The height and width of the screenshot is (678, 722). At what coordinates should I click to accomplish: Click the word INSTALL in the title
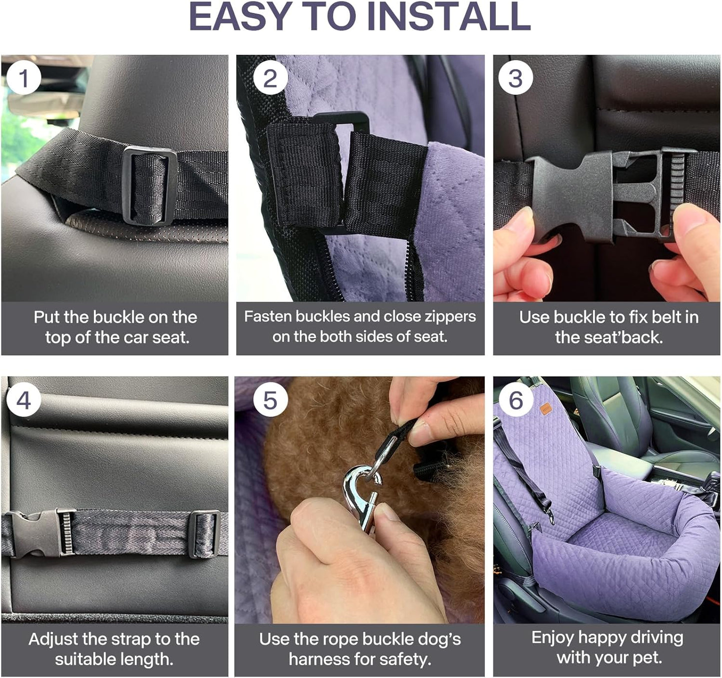pos(448,17)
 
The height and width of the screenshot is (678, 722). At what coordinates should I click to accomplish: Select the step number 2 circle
pos(270,78)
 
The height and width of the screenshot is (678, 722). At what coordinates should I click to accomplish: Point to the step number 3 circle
pos(516,78)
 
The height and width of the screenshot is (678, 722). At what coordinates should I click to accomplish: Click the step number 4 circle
pos(23,400)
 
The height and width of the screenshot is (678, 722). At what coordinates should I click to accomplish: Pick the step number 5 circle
pos(270,400)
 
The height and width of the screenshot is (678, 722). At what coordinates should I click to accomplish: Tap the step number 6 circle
pos(516,400)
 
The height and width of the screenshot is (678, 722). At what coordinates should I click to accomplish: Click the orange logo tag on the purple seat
pos(547,409)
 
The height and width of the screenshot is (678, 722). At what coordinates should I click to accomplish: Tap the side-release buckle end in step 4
pos(32,534)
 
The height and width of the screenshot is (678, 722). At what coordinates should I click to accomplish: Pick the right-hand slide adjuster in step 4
pos(204,534)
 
